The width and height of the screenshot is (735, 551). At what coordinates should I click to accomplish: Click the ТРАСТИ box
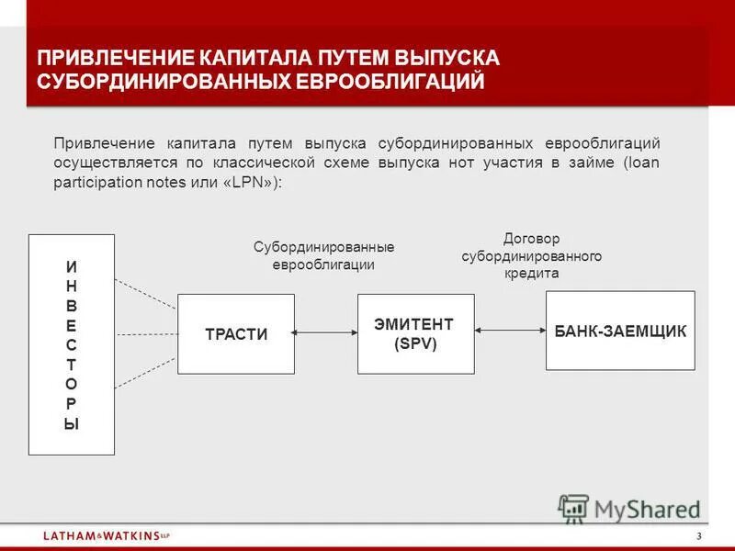235,333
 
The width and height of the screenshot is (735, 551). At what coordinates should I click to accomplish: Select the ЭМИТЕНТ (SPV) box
415,333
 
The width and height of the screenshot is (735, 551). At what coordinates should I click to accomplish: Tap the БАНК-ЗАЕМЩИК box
620,331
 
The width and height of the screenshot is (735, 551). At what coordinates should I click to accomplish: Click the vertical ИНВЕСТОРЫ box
72,344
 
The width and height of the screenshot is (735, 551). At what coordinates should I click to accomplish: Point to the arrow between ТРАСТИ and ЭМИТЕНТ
325,334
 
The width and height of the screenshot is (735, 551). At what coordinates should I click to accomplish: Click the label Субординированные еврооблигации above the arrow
323,256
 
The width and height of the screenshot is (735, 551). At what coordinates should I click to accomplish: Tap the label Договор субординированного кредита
531,256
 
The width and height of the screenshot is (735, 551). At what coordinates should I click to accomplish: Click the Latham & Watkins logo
106,535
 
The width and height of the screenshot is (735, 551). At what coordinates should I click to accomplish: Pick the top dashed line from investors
145,293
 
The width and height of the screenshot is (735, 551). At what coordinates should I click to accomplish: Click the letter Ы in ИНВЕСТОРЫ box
72,424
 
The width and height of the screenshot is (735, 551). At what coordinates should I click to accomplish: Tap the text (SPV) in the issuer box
415,343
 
